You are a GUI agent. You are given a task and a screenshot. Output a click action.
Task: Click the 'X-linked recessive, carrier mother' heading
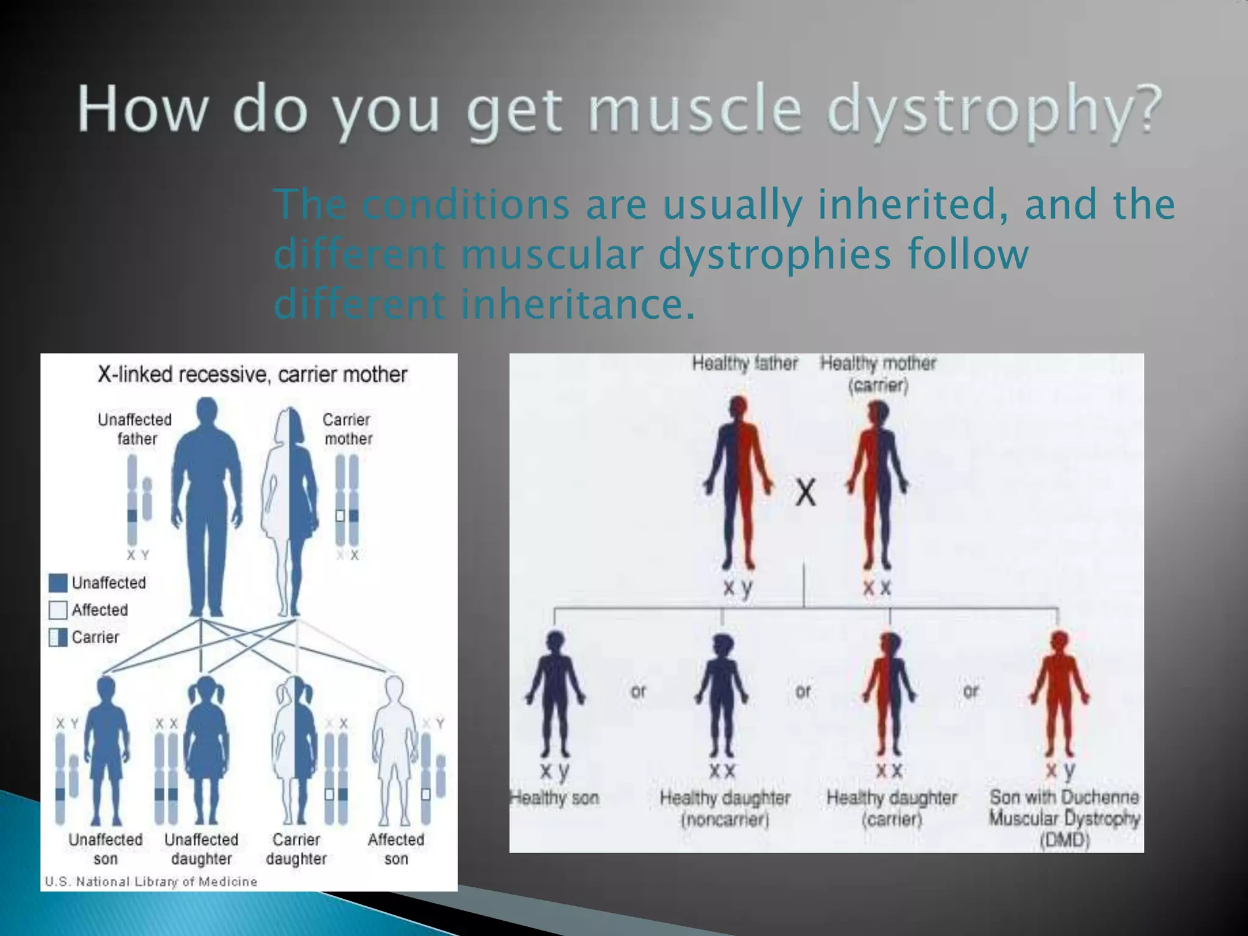[x=252, y=374]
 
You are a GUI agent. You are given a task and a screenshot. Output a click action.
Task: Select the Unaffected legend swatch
[x=58, y=583]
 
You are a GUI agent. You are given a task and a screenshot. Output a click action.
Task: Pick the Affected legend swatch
[x=58, y=610]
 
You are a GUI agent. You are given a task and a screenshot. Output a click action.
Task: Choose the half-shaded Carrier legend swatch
[x=58, y=637]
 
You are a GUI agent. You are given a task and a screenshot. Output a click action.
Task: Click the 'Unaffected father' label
[x=135, y=429]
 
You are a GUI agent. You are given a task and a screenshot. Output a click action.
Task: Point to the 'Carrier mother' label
[x=347, y=429]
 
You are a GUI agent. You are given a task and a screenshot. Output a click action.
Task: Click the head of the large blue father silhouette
[x=207, y=412]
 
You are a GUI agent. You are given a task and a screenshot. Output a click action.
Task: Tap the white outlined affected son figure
[x=394, y=750]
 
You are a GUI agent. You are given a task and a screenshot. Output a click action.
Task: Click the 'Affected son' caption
[x=396, y=849]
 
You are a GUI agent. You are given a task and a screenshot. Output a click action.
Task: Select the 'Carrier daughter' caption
[x=296, y=849]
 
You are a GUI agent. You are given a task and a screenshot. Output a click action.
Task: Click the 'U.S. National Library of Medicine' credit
[x=151, y=881]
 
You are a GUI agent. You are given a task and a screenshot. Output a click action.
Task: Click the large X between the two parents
[x=806, y=492]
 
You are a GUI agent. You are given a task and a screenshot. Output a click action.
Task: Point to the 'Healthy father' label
[x=745, y=364]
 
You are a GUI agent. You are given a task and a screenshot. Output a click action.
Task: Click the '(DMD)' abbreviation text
[x=1064, y=840]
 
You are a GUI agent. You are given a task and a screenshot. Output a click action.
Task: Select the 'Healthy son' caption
[x=555, y=798]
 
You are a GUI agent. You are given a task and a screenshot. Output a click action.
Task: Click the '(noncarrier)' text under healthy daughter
[x=725, y=820]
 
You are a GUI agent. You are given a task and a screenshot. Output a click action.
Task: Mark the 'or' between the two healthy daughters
[x=803, y=691]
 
